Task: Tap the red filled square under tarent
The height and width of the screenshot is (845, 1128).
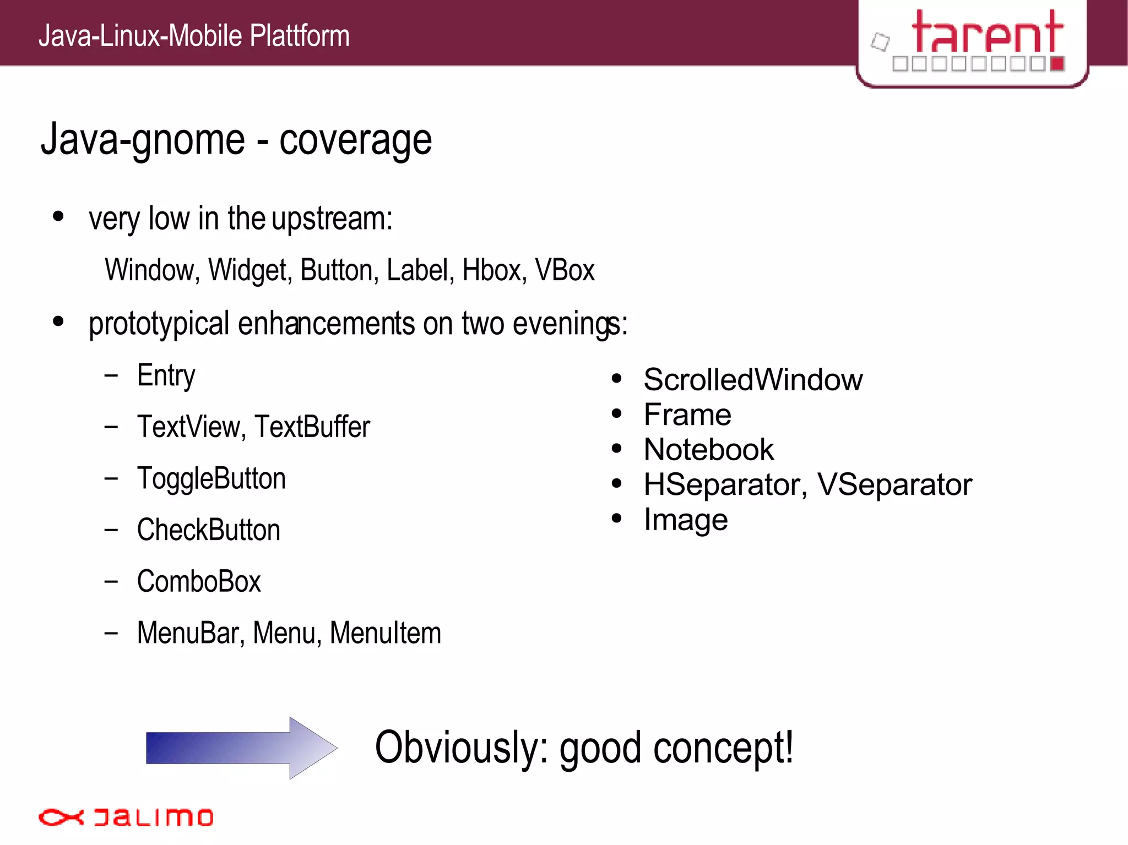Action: point(1057,64)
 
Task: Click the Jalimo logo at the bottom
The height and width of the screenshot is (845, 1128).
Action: point(126,817)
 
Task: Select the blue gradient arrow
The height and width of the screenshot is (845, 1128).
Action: point(241,748)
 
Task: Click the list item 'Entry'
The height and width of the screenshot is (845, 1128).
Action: point(166,377)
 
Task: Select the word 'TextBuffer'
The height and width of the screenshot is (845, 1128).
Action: point(312,427)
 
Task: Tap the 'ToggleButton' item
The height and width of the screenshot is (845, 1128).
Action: point(211,478)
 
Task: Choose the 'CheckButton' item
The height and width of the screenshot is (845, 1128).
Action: point(209,530)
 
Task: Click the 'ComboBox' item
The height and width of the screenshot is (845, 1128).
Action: point(199,582)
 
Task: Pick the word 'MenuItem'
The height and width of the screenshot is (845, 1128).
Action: point(386,633)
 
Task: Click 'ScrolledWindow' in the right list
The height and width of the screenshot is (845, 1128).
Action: point(753,380)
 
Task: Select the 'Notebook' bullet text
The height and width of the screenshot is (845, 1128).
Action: point(709,450)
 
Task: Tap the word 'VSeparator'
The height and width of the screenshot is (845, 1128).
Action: point(894,485)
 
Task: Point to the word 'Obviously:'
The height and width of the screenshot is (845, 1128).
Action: point(462,748)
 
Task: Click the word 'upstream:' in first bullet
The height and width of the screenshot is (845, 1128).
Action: point(332,219)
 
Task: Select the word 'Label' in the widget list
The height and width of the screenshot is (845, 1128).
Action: point(420,270)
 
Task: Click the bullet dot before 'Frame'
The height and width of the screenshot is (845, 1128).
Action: point(616,413)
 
